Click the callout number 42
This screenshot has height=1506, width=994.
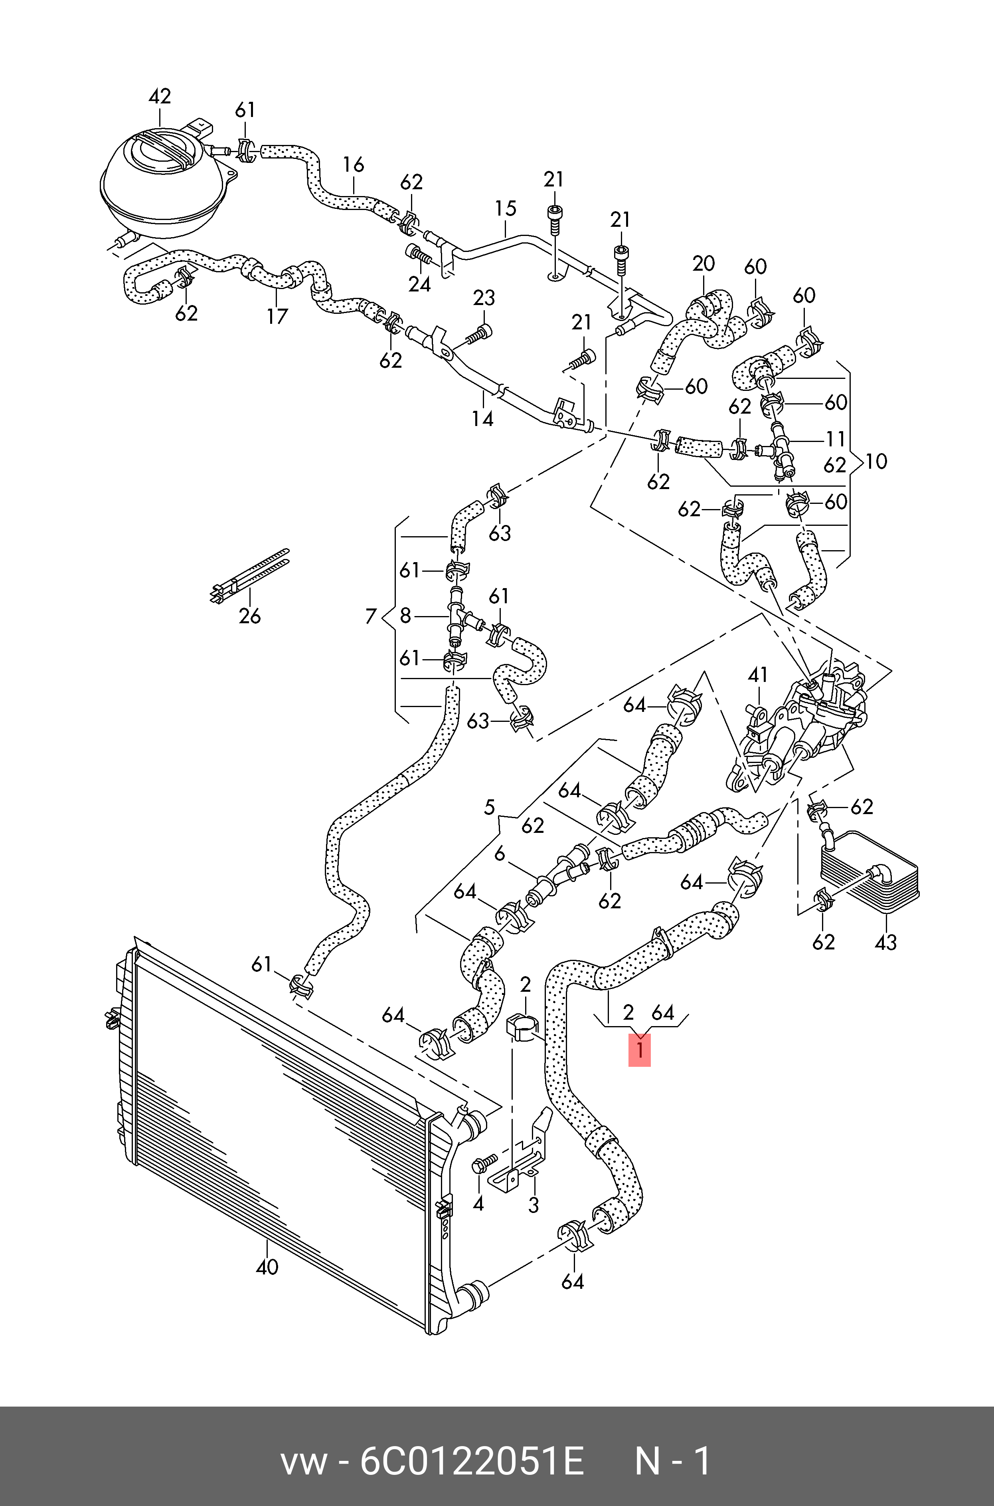pyautogui.click(x=160, y=96)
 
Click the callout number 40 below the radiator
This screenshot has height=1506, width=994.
pyautogui.click(x=267, y=1267)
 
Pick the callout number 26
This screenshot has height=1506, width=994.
pyautogui.click(x=250, y=616)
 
